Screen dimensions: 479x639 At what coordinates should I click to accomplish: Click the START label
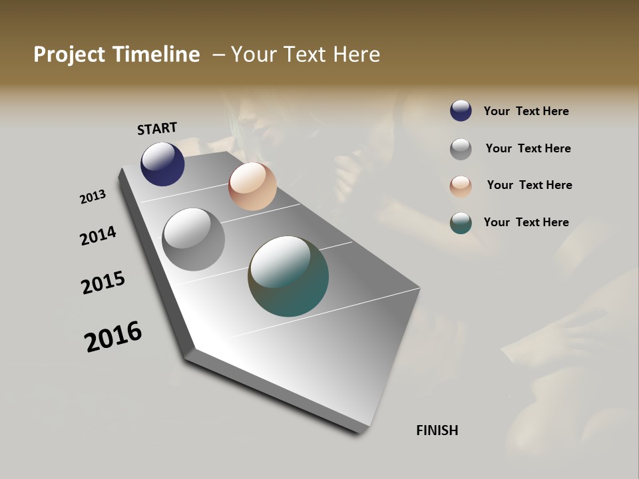point(157,128)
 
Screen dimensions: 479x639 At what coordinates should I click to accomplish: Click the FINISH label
point(437,430)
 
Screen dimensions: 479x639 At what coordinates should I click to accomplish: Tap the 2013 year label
point(93,197)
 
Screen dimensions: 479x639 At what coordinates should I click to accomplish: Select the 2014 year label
point(98,236)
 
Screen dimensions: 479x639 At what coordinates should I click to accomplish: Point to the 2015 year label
point(103,283)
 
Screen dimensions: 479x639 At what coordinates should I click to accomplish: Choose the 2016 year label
point(113,337)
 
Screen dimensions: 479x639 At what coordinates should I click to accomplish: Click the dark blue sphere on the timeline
point(162,164)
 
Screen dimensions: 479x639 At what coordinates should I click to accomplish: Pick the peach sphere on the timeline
point(252,186)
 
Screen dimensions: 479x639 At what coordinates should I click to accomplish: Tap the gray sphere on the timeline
point(193,239)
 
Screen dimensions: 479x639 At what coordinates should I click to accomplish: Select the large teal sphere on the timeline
point(288,276)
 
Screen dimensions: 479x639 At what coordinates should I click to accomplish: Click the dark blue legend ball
point(461,111)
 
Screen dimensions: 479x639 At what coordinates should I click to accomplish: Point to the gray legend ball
point(461,149)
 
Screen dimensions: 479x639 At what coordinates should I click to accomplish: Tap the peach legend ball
point(461,186)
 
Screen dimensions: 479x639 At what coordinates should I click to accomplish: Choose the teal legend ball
point(461,223)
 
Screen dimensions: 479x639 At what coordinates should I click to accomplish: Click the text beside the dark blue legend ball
point(526,111)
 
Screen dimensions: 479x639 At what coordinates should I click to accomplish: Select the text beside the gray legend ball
point(528,148)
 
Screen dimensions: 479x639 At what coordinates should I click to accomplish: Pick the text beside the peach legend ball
point(529,185)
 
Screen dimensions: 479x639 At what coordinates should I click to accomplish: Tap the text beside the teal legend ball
point(526,222)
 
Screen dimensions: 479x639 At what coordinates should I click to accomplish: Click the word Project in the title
point(69,55)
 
